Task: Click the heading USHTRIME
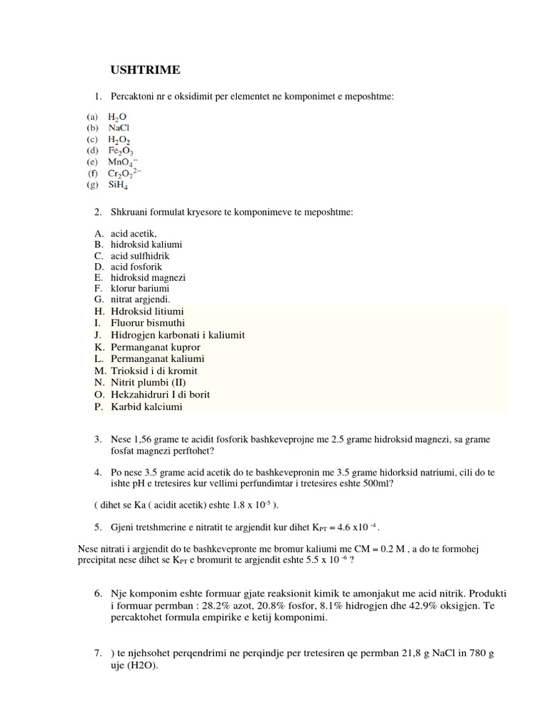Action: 145,70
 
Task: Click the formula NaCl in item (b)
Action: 119,128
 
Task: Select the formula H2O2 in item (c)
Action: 119,140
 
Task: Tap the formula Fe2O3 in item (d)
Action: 121,151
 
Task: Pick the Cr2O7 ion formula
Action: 125,174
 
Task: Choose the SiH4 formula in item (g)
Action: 119,186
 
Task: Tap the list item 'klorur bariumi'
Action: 139,289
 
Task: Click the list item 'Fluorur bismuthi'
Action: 148,323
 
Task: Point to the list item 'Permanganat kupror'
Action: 153,347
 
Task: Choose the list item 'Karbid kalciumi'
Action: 146,407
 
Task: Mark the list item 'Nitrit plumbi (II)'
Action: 147,382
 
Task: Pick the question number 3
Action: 98,440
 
